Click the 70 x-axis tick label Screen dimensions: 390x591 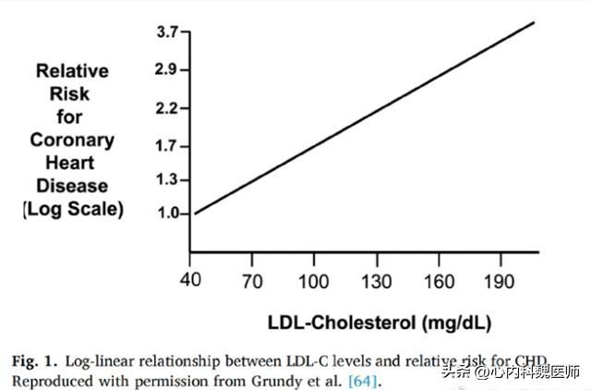coord(251,280)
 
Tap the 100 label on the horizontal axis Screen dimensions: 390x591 coord(314,280)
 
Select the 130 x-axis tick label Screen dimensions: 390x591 coord(377,280)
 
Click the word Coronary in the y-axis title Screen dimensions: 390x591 coord(72,140)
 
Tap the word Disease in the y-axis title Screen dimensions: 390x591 coord(73,186)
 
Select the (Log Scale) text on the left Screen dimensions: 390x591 coord(73,209)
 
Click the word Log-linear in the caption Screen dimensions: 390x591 coord(121,360)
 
